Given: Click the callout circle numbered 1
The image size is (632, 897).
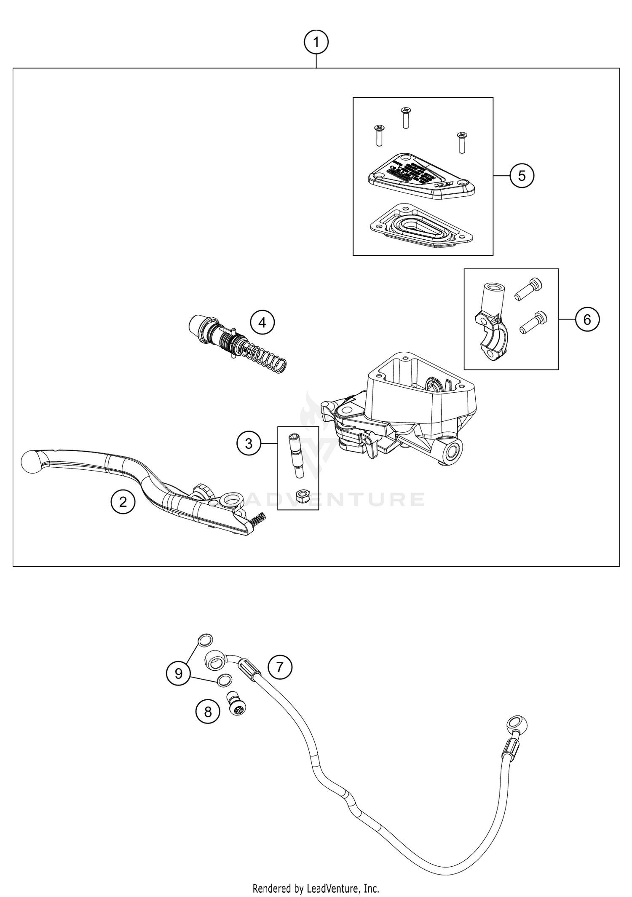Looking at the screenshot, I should click(x=316, y=43).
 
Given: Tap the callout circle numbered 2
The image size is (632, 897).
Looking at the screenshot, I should click(x=123, y=502).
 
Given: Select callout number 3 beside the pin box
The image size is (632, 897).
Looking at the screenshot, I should click(x=249, y=443).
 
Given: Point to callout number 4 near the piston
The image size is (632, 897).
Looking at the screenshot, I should click(x=262, y=323).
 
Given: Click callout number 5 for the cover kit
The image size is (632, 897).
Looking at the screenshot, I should click(x=522, y=176).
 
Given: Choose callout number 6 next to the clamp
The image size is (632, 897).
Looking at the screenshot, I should click(x=586, y=320).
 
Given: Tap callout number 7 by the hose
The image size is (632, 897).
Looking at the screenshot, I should click(x=280, y=667).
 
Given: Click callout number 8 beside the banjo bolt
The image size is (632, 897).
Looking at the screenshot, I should click(x=208, y=712).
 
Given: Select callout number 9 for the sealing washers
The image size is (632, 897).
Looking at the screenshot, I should click(x=179, y=674).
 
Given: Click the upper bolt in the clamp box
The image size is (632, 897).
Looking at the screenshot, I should click(x=528, y=290).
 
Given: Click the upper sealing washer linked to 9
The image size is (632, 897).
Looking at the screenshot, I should click(x=205, y=641).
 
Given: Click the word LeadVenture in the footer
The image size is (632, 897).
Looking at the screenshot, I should click(x=333, y=886).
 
